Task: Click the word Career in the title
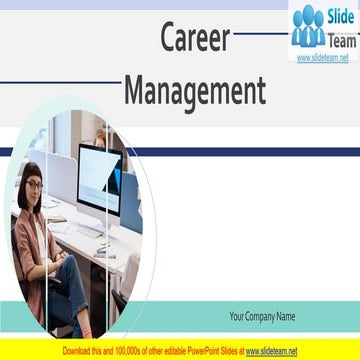tap(196, 39)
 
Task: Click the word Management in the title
tap(195, 92)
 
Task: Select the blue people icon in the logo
tap(308, 27)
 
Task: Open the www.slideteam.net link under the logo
tap(321, 58)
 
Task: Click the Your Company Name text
tap(262, 317)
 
